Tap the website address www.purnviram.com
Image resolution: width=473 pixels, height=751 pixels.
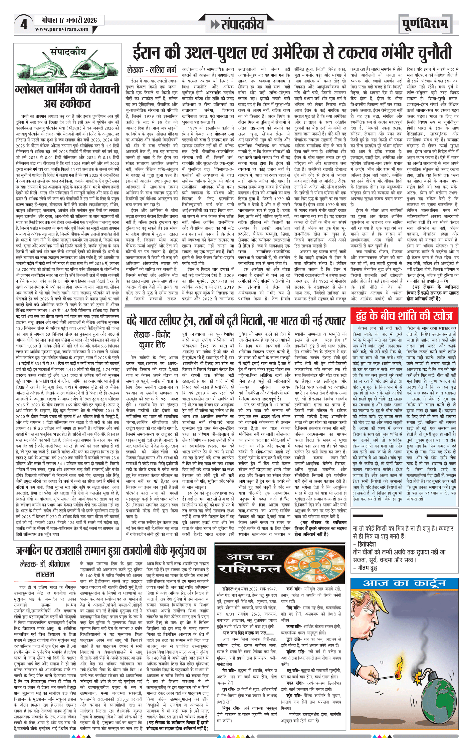62,29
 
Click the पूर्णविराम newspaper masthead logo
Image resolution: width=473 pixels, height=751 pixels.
425,24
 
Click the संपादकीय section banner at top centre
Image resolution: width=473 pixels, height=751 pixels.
238,24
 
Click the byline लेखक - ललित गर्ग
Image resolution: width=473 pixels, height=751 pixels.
151,70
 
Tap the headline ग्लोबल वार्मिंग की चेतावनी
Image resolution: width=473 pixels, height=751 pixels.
67,89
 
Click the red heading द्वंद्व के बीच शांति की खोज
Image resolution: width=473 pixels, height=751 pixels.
404,316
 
